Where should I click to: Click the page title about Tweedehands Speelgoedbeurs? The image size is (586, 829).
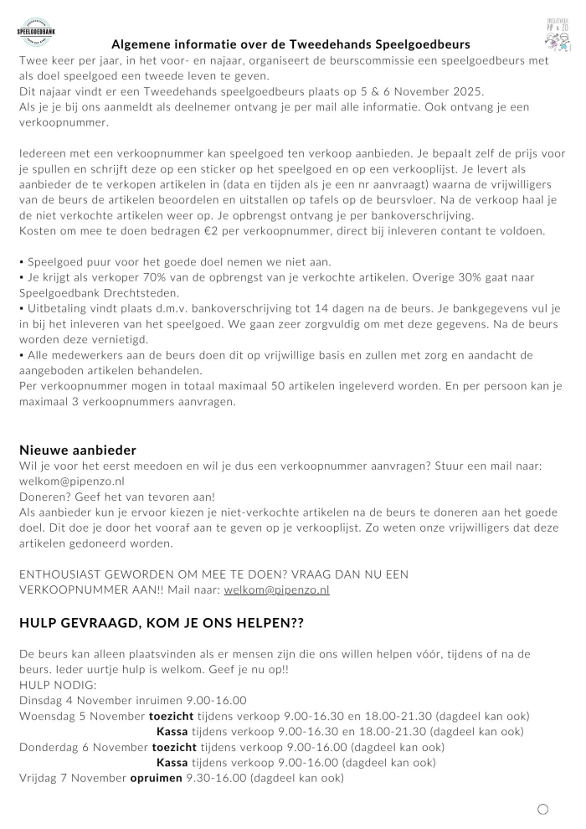click(x=290, y=44)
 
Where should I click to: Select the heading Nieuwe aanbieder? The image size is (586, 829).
click(x=77, y=451)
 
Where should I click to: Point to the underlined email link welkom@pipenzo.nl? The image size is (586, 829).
click(x=276, y=590)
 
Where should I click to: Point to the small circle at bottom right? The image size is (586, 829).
click(x=542, y=809)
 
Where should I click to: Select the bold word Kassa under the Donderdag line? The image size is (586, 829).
click(x=172, y=762)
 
